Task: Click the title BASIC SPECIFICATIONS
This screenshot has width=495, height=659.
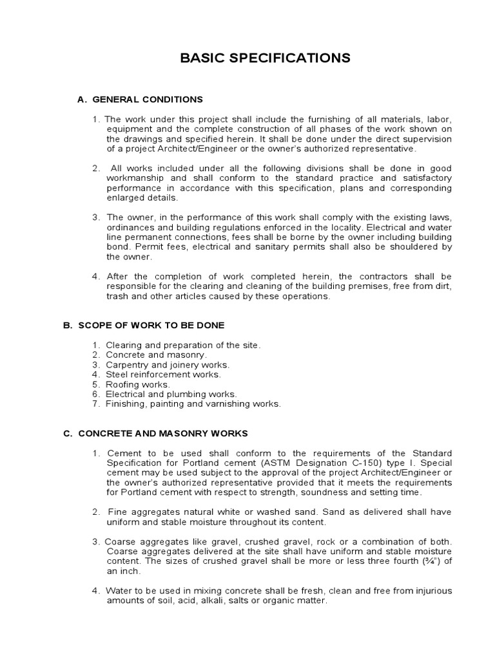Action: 265,59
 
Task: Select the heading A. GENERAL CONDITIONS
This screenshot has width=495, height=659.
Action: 140,99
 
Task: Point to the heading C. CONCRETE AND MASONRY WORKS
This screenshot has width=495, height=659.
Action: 155,434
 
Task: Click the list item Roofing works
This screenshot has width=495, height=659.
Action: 138,384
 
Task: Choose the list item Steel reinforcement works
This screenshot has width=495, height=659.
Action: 163,375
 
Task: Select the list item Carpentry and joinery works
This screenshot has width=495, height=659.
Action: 167,365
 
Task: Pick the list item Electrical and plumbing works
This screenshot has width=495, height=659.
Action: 171,394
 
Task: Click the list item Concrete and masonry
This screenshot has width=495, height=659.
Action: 156,355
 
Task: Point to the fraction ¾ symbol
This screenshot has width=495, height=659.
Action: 426,562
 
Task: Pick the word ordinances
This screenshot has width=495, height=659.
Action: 130,228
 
